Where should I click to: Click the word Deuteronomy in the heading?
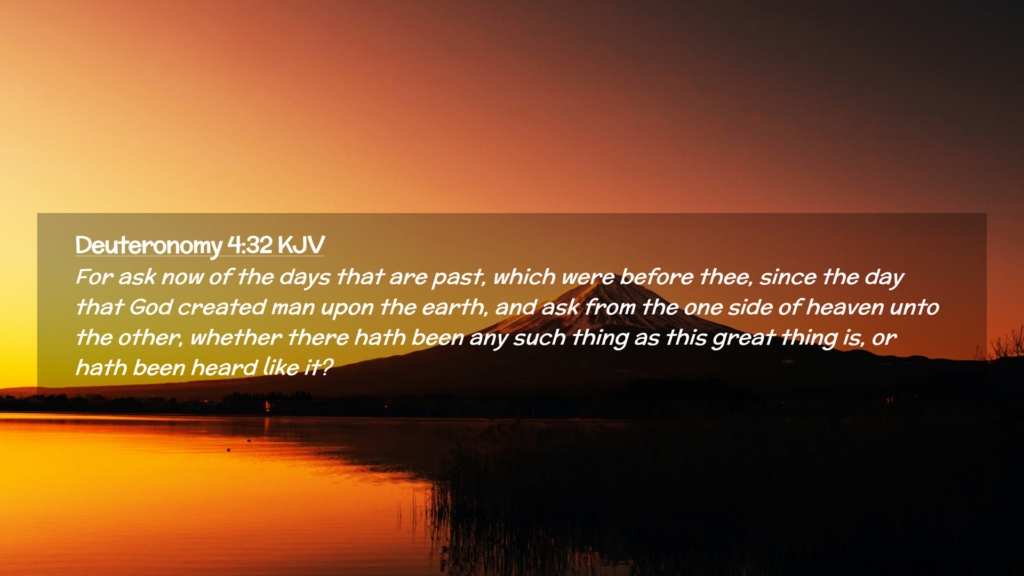pyautogui.click(x=148, y=246)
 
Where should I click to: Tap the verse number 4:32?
pyautogui.click(x=250, y=245)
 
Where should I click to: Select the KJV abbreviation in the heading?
pyautogui.click(x=301, y=245)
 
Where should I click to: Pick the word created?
pyautogui.click(x=222, y=307)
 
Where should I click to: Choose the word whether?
pyautogui.click(x=236, y=338)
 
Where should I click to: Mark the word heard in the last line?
pyautogui.click(x=224, y=368)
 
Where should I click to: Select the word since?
pyautogui.click(x=788, y=277)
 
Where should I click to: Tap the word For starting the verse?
pyautogui.click(x=94, y=277)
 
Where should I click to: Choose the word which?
pyautogui.click(x=524, y=277)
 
